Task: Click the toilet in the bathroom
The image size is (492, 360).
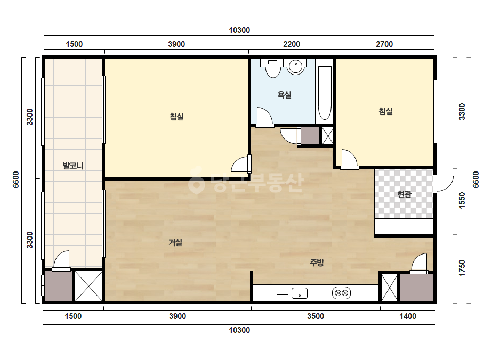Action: coord(273,68)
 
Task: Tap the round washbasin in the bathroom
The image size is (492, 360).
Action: coord(296,66)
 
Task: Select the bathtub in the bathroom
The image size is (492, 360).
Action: coord(325,93)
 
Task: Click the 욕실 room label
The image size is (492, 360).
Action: coord(284,94)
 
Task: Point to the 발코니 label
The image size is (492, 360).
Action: coord(73,166)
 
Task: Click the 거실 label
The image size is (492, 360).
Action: coord(175,242)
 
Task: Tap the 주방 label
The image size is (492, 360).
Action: coord(317,263)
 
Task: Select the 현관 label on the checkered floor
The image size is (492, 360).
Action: coord(404,194)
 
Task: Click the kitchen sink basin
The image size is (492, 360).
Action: coord(300,293)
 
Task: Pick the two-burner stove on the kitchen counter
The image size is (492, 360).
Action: coord(341,293)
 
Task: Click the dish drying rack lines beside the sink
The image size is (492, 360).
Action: coord(283,293)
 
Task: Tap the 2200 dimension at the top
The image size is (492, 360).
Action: coord(292,44)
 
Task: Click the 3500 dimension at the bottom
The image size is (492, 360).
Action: coord(316,316)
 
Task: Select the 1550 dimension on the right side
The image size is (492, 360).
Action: coord(462,201)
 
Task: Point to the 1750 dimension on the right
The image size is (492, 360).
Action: coord(462,268)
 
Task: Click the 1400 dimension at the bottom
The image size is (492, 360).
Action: coord(408,316)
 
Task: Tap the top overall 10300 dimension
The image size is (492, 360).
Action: coord(239,30)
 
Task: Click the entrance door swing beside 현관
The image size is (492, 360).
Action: coord(443,184)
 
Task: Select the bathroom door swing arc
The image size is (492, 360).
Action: coord(264,117)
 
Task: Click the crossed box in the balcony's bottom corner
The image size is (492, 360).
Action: coord(88,286)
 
